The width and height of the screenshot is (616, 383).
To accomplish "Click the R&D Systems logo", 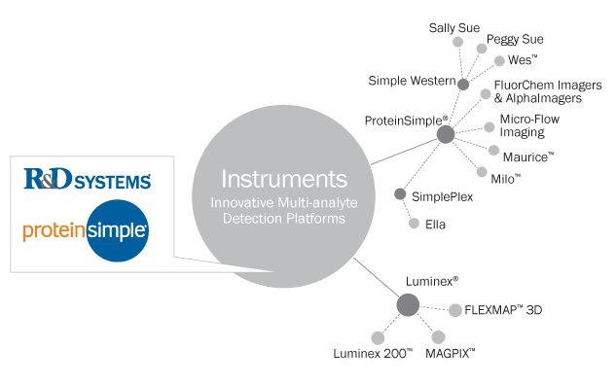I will (x=87, y=181).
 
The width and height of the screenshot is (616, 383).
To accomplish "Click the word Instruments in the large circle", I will (x=283, y=179).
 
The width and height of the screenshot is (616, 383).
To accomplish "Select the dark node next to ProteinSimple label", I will (x=446, y=135).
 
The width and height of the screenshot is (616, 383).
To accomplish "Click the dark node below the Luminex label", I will (x=408, y=306).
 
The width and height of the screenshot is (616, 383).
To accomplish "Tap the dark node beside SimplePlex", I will (x=399, y=194).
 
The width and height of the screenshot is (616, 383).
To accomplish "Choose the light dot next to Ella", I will (x=414, y=224).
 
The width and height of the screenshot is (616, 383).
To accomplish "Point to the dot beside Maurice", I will (x=493, y=151).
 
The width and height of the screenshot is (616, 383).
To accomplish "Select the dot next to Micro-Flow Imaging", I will (x=489, y=127).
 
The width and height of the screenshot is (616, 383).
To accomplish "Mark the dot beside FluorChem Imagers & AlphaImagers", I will (x=484, y=93).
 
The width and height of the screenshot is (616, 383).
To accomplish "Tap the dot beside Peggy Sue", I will (x=481, y=48).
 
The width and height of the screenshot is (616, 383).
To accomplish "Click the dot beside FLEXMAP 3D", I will (x=454, y=311).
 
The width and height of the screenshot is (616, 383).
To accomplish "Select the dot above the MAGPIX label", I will (x=438, y=336).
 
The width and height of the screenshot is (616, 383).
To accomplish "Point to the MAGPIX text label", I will (x=450, y=354).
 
